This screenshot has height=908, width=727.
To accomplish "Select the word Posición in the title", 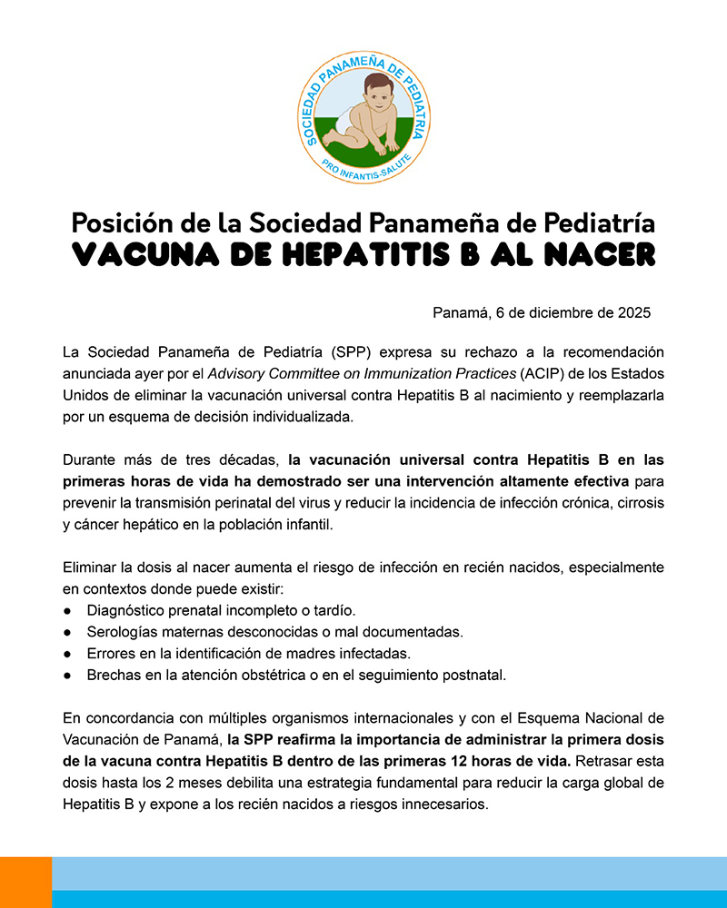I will (116, 223).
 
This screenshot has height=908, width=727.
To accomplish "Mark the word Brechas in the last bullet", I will (115, 675).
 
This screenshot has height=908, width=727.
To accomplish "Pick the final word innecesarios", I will (443, 803).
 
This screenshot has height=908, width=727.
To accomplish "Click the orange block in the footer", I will (25, 882).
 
